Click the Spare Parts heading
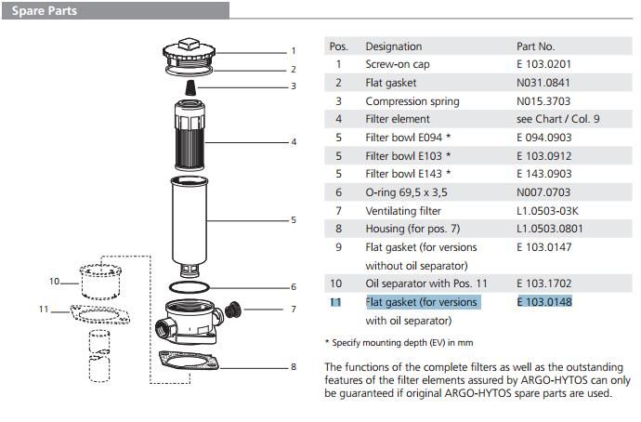click(44, 11)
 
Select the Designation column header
click(393, 46)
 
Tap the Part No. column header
click(535, 46)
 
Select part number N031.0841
click(543, 83)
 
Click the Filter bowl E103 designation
click(408, 155)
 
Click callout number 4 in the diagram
click(293, 142)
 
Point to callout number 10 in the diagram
click(54, 281)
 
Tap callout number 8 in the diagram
click(293, 367)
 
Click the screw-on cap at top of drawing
click(190, 52)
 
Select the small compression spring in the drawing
click(190, 86)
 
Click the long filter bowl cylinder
click(194, 218)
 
